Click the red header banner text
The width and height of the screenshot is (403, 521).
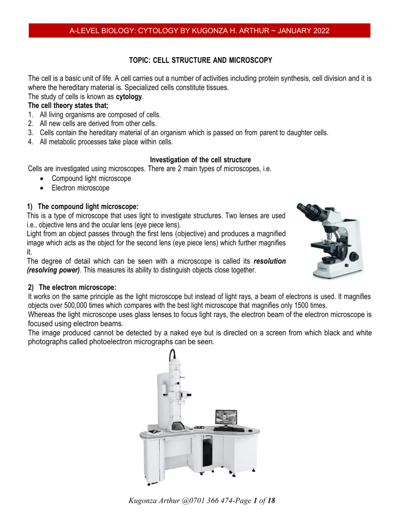pos(201,30)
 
